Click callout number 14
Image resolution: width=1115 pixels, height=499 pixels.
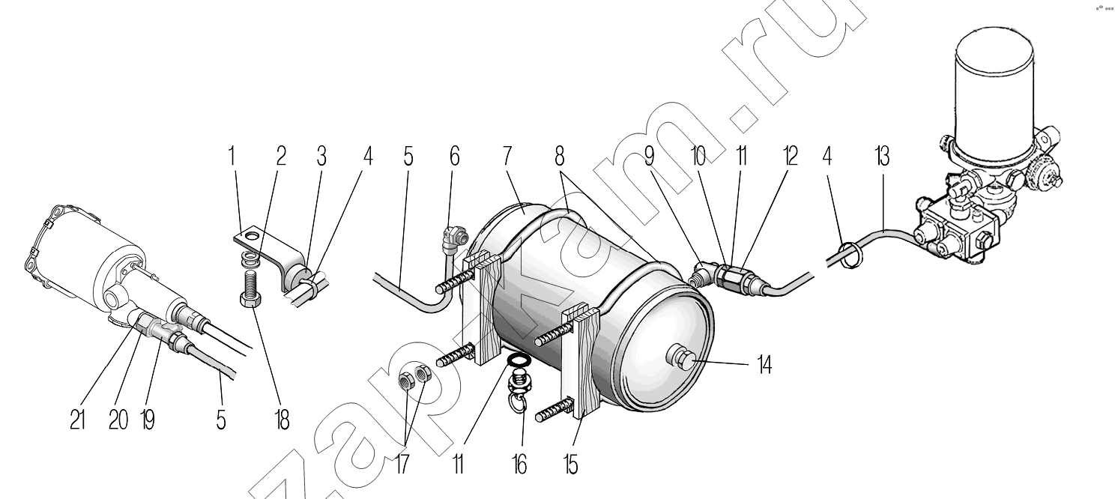click(x=764, y=365)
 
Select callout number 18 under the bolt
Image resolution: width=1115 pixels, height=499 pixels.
click(x=282, y=420)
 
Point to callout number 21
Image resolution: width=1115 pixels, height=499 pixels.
click(x=77, y=420)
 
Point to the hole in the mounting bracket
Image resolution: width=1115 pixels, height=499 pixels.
click(x=253, y=235)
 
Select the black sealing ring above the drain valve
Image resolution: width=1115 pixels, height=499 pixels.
click(x=519, y=360)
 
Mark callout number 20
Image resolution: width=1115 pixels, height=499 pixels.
click(x=118, y=420)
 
